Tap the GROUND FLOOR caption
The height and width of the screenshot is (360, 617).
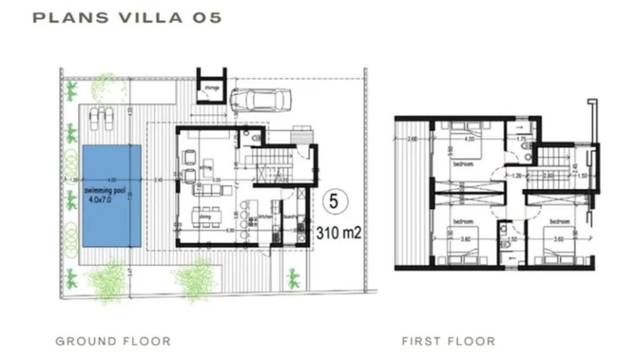coord(112,341)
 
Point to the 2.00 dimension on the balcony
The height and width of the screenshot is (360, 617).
coord(412,140)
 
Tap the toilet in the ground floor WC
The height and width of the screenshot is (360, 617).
coord(255,140)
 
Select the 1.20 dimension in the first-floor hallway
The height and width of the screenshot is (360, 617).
coord(518,174)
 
